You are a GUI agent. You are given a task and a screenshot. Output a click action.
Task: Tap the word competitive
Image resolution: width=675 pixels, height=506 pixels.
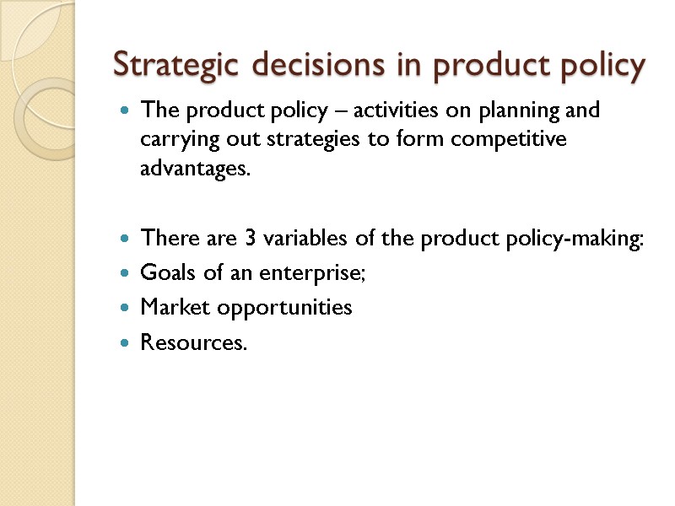pos(504,139)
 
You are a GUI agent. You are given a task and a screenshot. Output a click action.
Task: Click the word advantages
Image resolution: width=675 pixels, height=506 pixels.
pos(196,169)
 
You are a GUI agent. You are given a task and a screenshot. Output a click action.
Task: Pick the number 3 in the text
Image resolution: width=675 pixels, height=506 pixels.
pos(251,239)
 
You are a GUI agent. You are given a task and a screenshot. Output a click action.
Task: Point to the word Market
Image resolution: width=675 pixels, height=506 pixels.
pos(175,308)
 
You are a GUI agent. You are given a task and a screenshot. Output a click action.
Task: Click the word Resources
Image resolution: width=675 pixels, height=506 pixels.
pos(194,342)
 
